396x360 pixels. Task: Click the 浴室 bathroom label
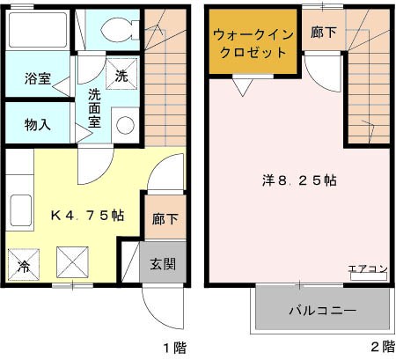tap(36, 78)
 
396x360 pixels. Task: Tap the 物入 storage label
tap(36, 124)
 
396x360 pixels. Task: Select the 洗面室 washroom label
tap(93, 106)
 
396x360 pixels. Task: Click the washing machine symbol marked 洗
tap(121, 75)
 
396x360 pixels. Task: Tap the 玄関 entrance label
tap(162, 263)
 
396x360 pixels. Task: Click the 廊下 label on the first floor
tap(163, 219)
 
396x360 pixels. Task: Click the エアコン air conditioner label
tap(368, 268)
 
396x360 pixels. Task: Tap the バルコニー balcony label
tap(323, 311)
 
